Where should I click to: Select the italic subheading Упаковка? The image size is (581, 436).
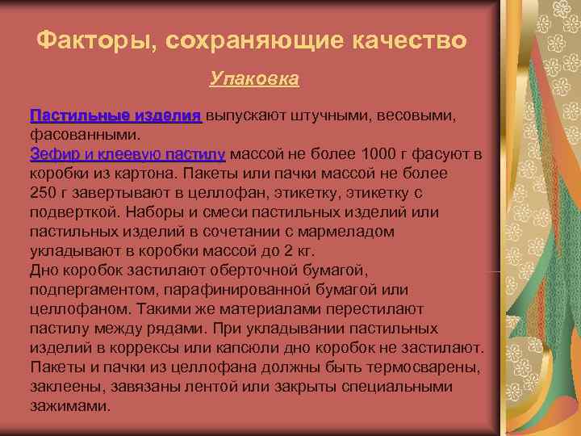(254, 78)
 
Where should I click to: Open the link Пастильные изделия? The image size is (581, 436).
(115, 116)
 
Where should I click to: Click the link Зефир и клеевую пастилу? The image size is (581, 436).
(127, 154)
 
